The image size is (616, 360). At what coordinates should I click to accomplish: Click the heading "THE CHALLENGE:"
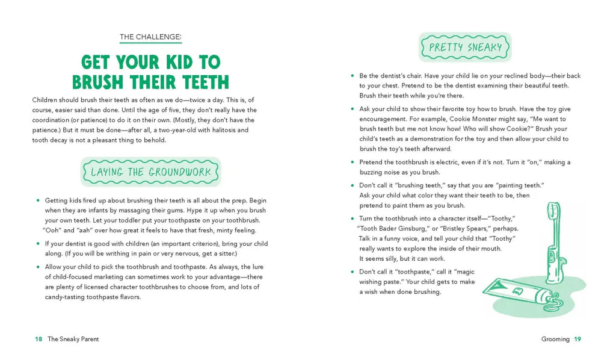150,37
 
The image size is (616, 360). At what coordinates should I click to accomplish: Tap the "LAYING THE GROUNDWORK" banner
150,172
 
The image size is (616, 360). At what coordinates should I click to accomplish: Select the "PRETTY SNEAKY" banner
465,48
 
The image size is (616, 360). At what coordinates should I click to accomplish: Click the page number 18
38,339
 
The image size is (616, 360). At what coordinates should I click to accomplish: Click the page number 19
577,339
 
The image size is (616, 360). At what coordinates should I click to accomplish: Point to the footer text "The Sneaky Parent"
73,339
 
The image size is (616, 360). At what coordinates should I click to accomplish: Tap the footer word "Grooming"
555,339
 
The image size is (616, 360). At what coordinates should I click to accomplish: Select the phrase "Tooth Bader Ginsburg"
393,228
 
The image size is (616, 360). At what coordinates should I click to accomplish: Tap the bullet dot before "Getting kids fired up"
38,200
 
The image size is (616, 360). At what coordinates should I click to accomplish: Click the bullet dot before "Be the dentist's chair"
353,76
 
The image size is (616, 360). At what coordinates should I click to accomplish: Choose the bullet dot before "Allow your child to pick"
38,267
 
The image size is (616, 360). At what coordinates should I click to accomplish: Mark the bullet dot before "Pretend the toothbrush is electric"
353,162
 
